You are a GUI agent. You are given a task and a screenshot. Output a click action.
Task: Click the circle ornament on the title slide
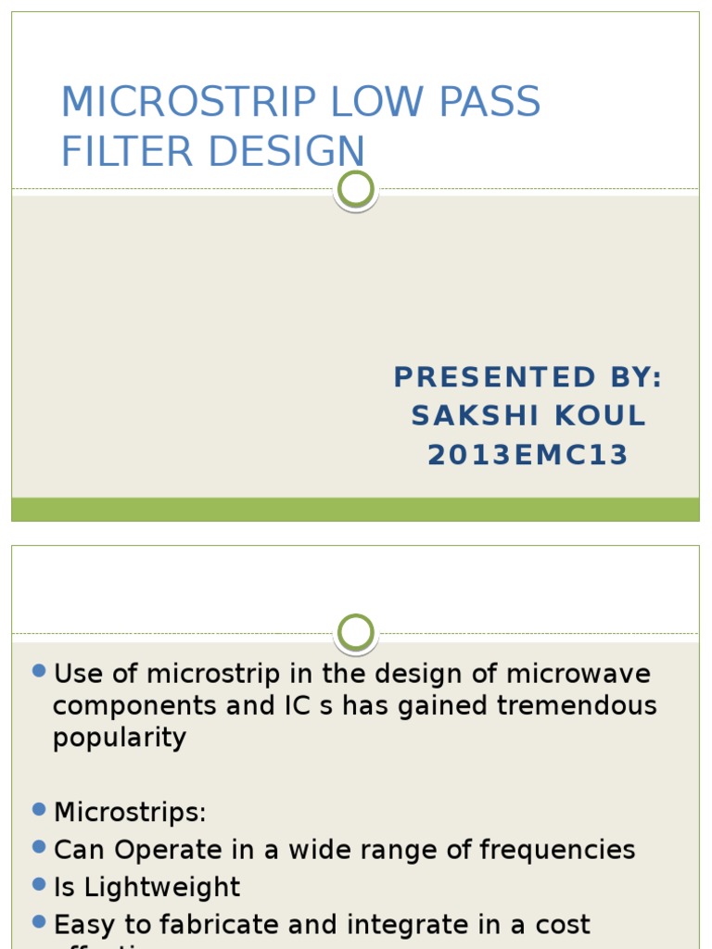[x=356, y=189]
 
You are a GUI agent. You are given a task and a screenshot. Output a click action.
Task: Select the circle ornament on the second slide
[x=356, y=634]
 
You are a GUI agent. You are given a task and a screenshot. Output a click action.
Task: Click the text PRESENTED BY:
[x=528, y=377]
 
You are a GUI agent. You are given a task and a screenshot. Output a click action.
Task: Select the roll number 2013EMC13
[x=528, y=455]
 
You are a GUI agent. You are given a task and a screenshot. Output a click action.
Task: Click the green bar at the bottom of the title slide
[x=356, y=509]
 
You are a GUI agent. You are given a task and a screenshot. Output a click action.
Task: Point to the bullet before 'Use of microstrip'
[x=39, y=671]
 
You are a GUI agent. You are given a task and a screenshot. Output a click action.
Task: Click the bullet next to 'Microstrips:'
[x=39, y=810]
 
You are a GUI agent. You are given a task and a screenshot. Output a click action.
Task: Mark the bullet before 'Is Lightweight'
[x=39, y=884]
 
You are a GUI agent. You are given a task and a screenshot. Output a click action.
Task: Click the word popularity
[x=120, y=739]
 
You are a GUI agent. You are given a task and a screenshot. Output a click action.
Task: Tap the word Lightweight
[x=162, y=887]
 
